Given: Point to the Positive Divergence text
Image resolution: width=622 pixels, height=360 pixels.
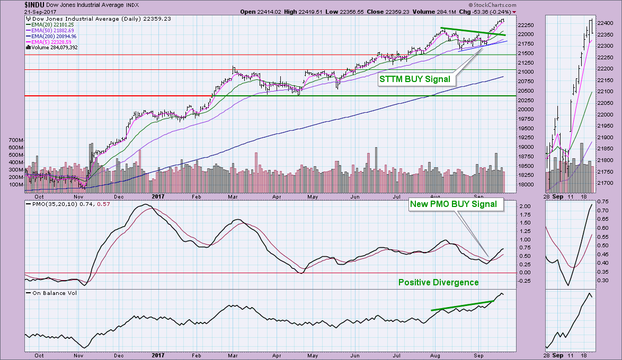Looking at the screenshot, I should tap(438, 282).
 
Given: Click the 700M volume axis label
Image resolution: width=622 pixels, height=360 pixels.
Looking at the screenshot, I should tap(16, 140).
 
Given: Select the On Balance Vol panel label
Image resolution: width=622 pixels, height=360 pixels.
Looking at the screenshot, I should tap(55, 293).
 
